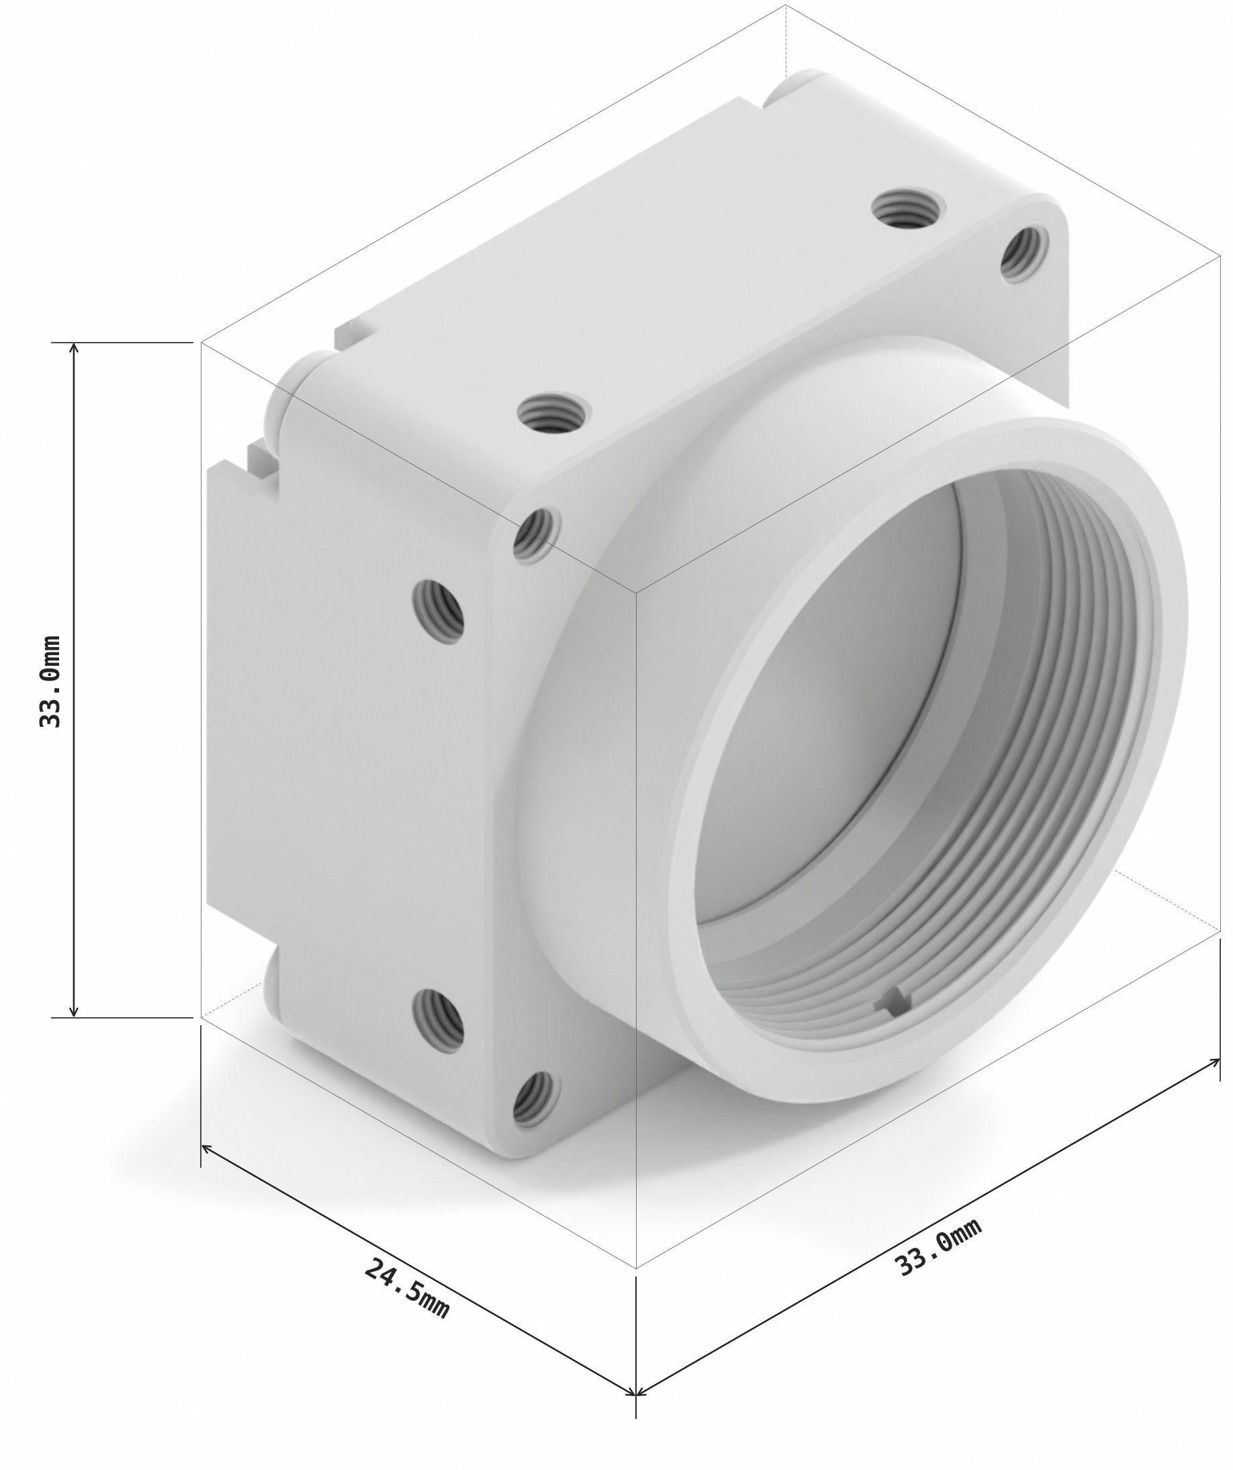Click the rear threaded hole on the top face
[907, 210]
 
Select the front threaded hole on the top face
[553, 413]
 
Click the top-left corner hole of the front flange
[537, 535]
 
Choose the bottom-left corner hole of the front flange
[537, 1100]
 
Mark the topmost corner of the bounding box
[786, 5]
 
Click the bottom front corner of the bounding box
[635, 1268]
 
